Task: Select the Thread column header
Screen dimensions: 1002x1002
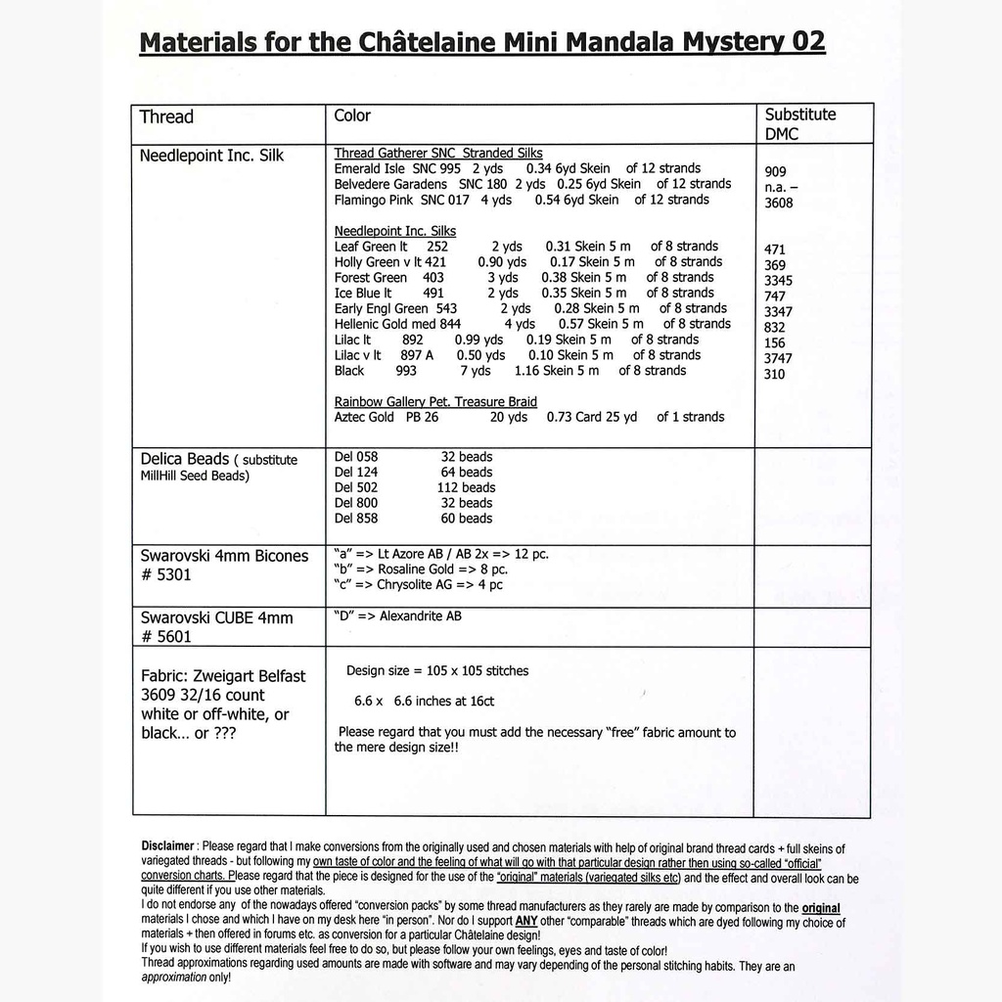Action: (x=166, y=117)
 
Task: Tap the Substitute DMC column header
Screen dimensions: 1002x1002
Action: (x=799, y=123)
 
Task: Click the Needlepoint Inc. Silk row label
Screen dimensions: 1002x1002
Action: (x=211, y=156)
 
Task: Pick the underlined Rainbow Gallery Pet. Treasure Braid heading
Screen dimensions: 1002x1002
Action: (x=435, y=402)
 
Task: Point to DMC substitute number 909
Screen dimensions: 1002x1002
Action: (x=775, y=171)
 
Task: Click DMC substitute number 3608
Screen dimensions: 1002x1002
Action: (x=779, y=204)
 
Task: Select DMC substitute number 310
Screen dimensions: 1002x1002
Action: (x=774, y=374)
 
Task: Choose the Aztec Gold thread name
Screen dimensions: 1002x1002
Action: (x=364, y=417)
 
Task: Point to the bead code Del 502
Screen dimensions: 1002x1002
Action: (x=355, y=487)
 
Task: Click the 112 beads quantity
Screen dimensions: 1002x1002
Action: (x=466, y=487)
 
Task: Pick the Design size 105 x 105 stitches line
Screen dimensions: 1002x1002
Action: (x=436, y=671)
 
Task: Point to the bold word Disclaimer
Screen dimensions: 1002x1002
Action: (x=167, y=845)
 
